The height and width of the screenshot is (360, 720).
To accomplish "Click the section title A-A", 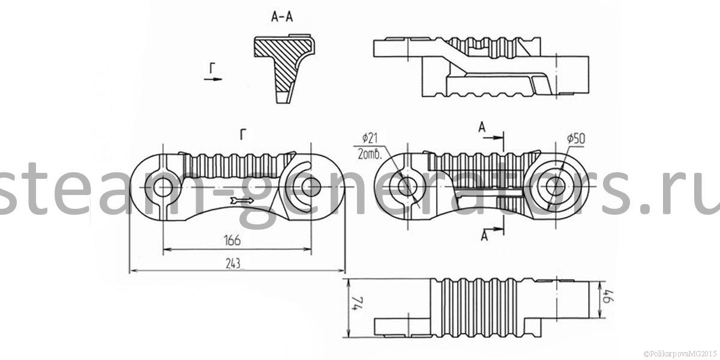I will [x=282, y=17].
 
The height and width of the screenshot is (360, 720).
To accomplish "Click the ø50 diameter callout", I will [x=575, y=139].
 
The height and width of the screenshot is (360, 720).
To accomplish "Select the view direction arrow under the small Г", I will [x=214, y=78].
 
